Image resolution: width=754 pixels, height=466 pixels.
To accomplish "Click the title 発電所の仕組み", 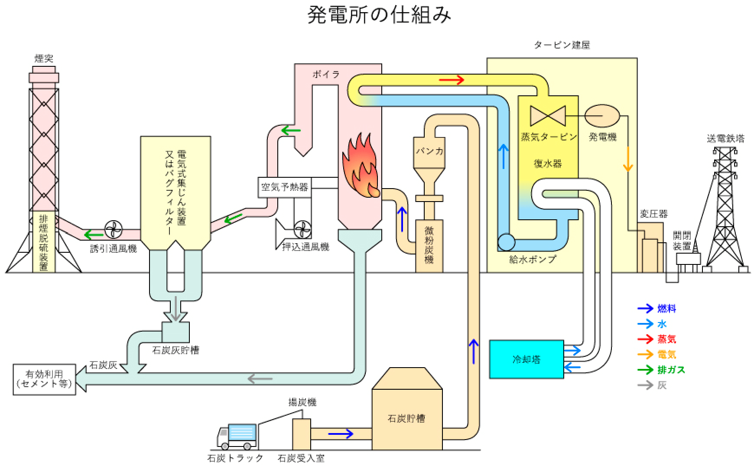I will click(379, 15).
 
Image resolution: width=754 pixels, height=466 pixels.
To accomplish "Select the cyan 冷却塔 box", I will click(526, 359).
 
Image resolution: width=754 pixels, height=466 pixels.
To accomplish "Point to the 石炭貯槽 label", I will click(406, 418).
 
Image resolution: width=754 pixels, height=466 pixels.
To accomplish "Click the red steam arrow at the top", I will click(452, 80).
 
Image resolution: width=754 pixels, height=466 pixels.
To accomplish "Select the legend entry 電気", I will click(666, 355).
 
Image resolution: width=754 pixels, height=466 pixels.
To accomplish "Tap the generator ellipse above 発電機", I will click(602, 116).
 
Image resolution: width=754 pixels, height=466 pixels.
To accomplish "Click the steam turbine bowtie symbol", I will click(548, 116).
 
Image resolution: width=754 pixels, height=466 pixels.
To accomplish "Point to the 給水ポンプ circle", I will click(506, 242).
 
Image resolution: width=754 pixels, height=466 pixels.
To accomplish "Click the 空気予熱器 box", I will click(285, 187).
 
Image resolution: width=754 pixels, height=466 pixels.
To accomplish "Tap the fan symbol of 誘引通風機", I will click(114, 230).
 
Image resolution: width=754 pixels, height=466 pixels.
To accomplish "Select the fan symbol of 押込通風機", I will click(302, 230).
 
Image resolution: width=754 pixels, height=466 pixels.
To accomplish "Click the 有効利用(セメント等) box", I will click(44, 379).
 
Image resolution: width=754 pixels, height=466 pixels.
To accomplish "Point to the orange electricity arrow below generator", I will click(627, 160).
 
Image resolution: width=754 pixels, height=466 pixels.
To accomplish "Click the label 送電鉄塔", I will click(725, 139).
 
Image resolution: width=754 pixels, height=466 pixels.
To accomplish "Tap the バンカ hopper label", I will click(429, 151).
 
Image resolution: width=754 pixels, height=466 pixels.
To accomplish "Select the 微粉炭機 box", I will click(429, 245).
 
